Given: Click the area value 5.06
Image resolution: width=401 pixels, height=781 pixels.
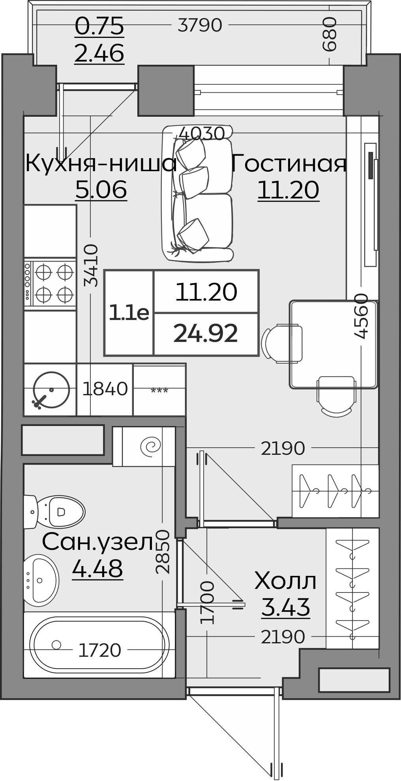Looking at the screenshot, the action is [101, 190].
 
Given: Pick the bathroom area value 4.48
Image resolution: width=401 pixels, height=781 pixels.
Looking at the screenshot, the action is [97, 568].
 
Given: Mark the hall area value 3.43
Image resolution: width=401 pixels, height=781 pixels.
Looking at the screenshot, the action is [285, 607].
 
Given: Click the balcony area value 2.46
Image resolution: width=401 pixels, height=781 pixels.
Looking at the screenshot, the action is [99, 53].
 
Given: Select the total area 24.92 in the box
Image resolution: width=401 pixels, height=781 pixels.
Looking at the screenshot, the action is [206, 334].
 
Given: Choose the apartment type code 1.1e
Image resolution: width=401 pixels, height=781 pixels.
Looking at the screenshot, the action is [129, 313].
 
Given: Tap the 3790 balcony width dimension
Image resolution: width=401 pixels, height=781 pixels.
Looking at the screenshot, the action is [200, 25].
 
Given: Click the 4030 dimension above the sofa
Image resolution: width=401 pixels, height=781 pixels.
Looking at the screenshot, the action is [202, 133].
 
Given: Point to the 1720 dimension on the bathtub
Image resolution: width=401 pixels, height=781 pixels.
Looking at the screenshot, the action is [99, 650].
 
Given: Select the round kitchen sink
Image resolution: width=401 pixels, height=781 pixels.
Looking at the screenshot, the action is [51, 389].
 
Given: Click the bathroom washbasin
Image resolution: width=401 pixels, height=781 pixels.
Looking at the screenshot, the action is [41, 580].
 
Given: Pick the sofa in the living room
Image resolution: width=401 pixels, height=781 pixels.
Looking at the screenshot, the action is [197, 193].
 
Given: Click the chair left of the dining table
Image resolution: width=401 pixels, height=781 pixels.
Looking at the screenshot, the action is [282, 343].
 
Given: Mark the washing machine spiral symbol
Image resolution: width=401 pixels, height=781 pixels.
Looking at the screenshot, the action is [151, 446].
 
